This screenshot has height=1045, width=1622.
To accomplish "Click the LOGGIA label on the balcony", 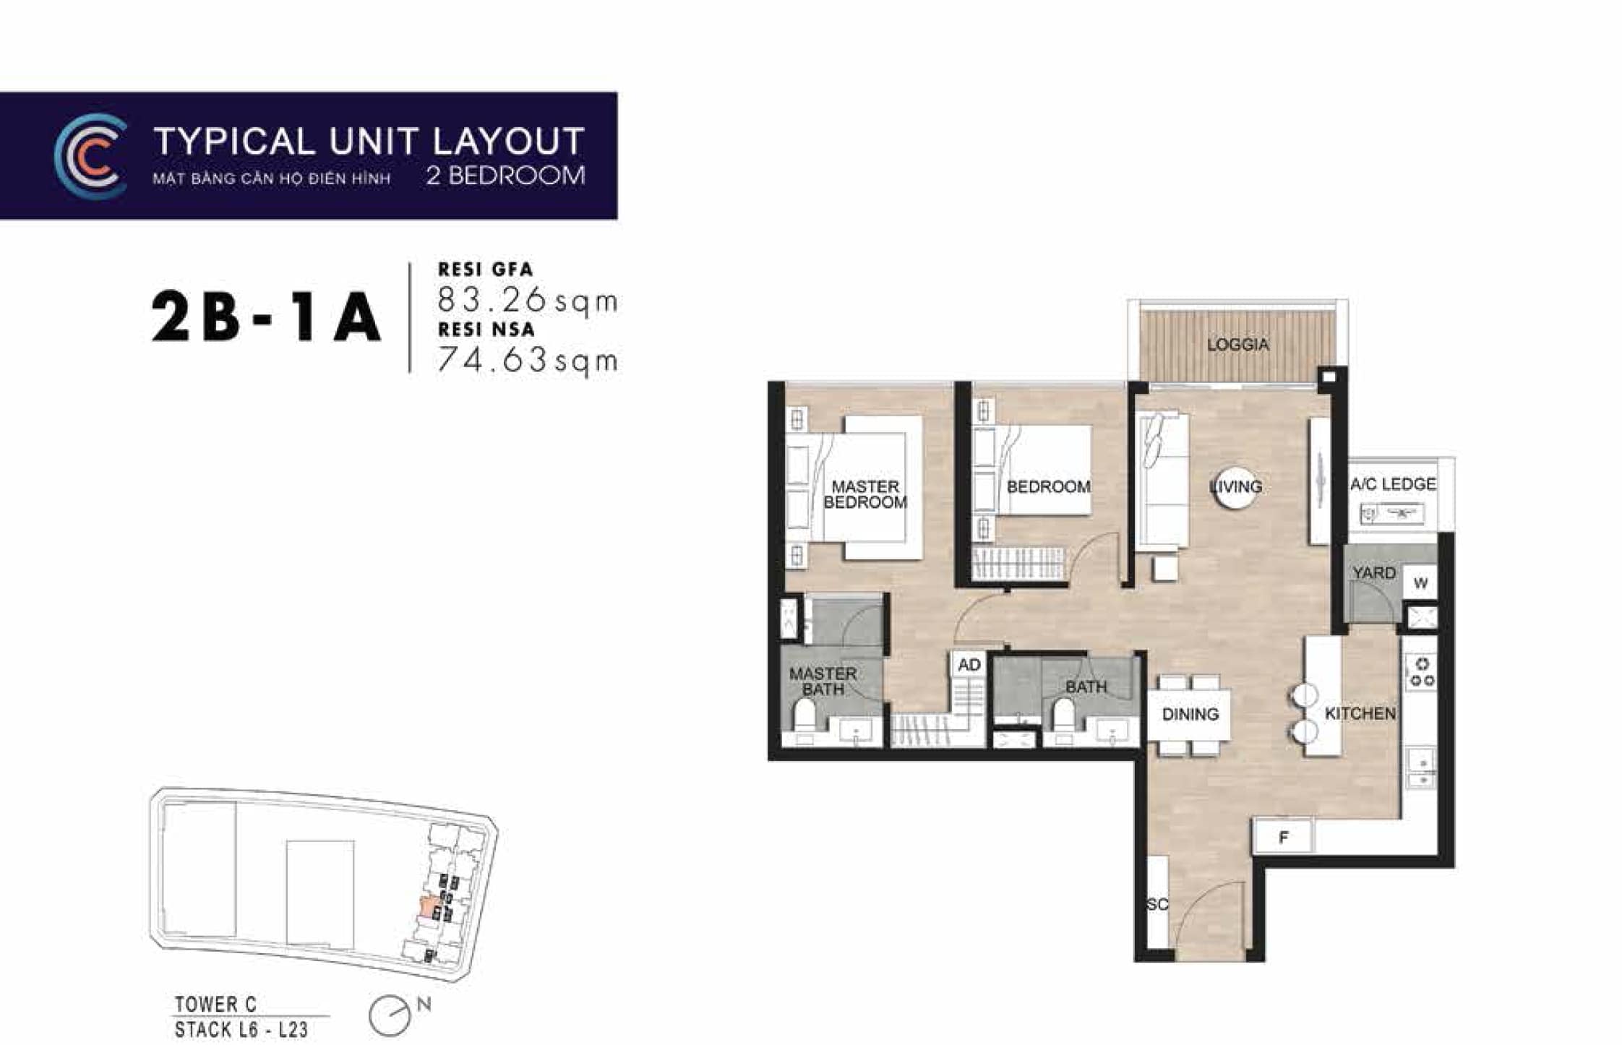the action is [x=1237, y=345].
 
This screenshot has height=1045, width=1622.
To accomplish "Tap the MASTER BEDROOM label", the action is [x=865, y=494].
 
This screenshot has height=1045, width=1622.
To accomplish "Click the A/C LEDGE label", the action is [x=1393, y=484].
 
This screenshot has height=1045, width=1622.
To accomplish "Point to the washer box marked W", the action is [x=1420, y=582].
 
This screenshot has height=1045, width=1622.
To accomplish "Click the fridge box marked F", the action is [x=1283, y=838].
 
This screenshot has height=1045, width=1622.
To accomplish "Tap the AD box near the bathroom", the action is [x=969, y=665].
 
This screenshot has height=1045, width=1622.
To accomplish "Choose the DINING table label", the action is [x=1190, y=714].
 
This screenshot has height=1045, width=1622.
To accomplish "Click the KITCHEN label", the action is [x=1360, y=713].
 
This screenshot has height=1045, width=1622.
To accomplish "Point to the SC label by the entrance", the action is [x=1157, y=904].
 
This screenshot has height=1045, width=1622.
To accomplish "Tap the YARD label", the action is [x=1374, y=573].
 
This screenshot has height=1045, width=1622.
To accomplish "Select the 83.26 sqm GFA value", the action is [x=528, y=300].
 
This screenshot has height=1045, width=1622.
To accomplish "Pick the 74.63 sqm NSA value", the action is [x=528, y=360].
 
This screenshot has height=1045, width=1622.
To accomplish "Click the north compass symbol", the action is [x=390, y=1015].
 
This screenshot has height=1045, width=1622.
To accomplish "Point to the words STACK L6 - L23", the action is [x=241, y=1029].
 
